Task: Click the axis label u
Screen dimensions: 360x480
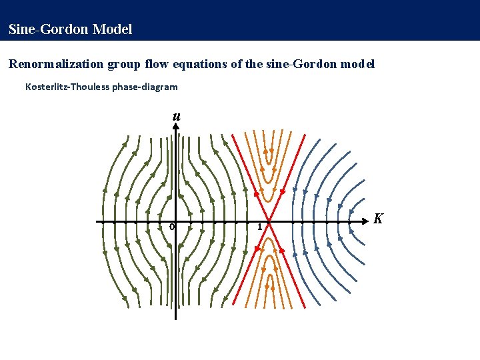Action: point(176,117)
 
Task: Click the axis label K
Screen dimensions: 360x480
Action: point(378,219)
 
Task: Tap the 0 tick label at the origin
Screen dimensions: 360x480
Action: point(171,227)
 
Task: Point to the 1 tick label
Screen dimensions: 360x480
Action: point(260,228)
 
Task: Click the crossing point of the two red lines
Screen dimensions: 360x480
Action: point(269,221)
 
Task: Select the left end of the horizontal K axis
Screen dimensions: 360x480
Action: point(97,221)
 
